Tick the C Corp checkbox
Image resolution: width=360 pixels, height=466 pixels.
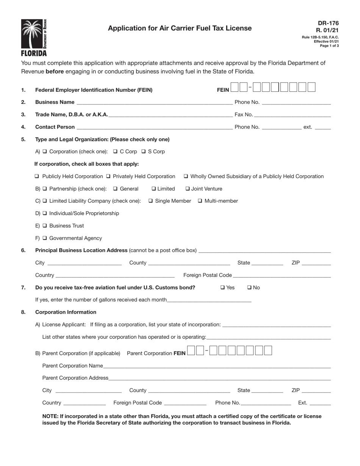(x=116, y=152)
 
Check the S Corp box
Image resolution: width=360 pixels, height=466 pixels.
(x=144, y=152)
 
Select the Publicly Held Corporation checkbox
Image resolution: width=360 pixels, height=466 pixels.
(x=37, y=177)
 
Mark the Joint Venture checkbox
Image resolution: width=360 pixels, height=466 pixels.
(x=188, y=189)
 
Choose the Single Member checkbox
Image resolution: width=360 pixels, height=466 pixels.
(x=150, y=201)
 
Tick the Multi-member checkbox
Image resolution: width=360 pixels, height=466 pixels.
(x=200, y=201)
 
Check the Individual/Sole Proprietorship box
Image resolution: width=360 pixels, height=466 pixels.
(x=45, y=213)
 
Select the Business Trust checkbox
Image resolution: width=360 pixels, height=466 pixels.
(x=45, y=226)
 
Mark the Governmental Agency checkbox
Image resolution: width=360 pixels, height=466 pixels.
(x=45, y=238)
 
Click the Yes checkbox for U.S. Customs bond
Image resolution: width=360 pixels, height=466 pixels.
(x=222, y=288)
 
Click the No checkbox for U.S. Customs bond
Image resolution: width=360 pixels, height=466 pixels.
(x=249, y=288)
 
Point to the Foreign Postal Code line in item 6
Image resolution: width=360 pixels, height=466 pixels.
(x=282, y=276)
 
